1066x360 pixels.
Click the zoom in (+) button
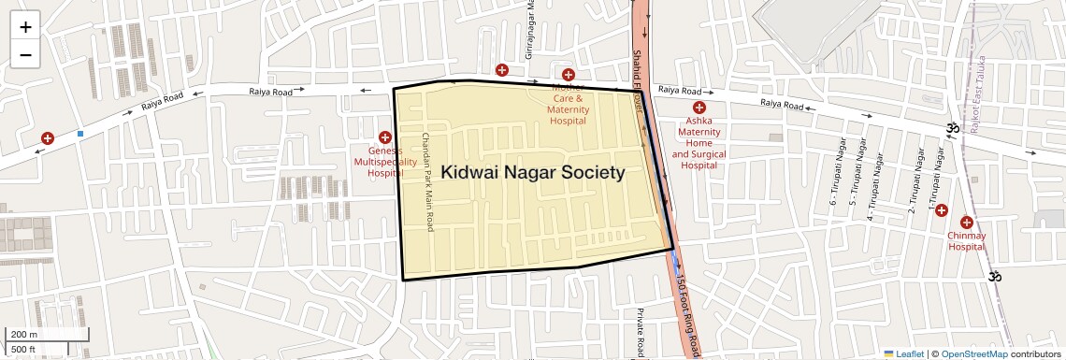point(25,26)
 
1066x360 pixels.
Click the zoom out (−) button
point(25,54)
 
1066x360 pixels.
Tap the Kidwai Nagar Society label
point(533,173)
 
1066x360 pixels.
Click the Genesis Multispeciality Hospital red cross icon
point(384,137)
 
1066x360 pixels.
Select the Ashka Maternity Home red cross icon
point(699,108)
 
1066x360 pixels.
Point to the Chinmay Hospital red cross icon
point(967,223)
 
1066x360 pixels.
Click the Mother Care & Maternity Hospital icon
point(568,75)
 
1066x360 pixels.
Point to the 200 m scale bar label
point(24,334)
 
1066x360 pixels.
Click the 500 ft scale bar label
point(24,350)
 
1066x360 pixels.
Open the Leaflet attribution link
point(904,354)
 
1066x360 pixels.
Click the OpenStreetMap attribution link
point(974,354)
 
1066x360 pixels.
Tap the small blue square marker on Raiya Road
point(80,134)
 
